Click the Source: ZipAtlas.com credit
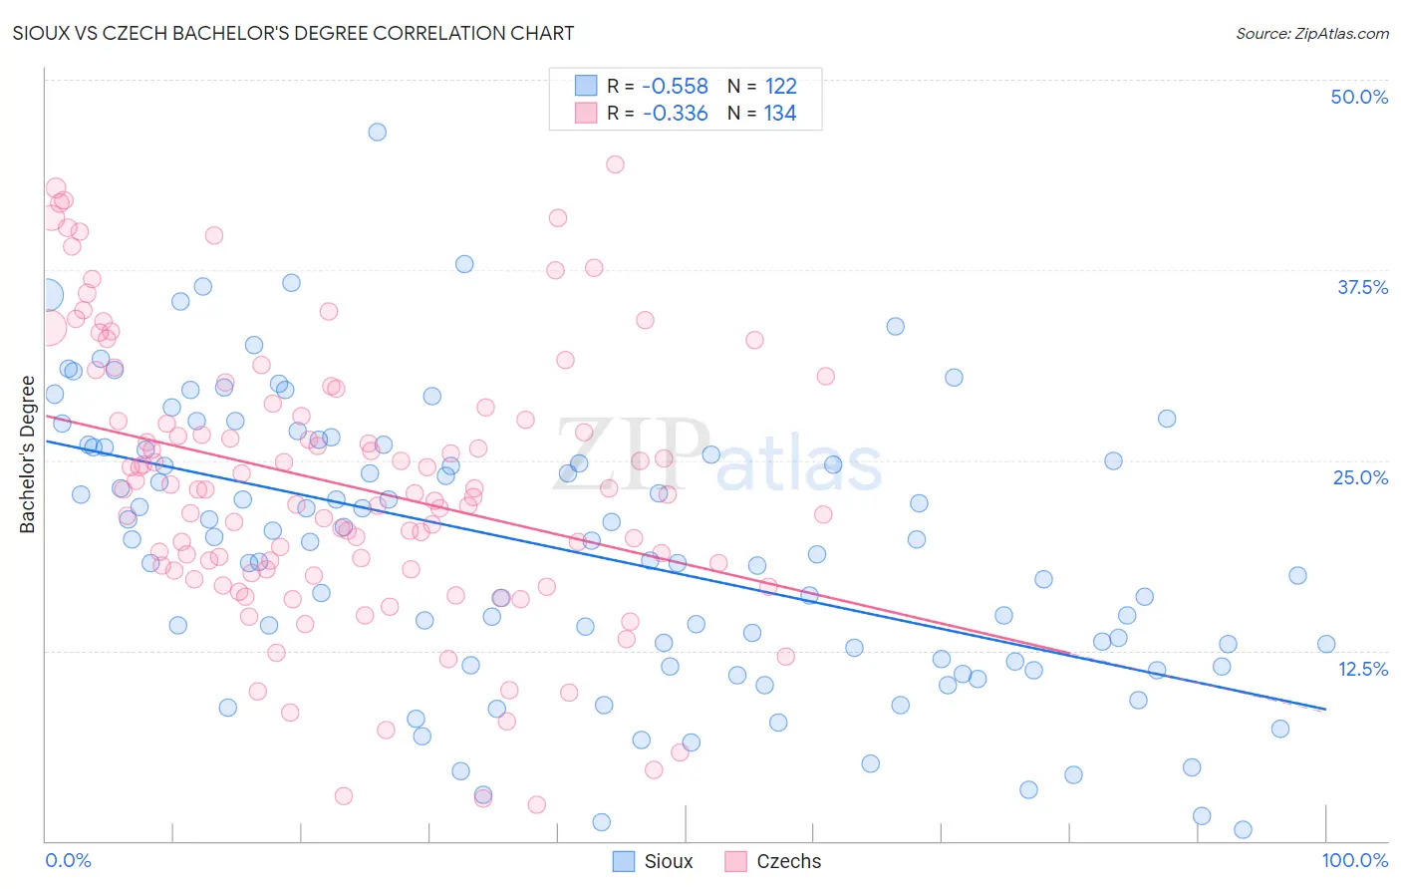tap(1311, 34)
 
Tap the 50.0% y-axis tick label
tap(1359, 97)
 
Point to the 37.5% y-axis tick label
tap(1362, 287)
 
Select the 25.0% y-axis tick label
tap(1360, 477)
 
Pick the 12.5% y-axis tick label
tap(1362, 669)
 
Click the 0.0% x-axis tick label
tap(68, 860)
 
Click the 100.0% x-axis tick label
tap(1354, 860)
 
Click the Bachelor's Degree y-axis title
tap(28, 454)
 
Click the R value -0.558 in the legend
tap(675, 87)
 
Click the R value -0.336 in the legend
tap(675, 114)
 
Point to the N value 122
tap(780, 87)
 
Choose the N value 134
tap(780, 114)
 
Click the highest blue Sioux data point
tap(377, 132)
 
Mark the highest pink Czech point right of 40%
tap(615, 164)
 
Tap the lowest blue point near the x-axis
tap(1243, 829)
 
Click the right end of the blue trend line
tap(1325, 709)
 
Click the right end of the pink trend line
tap(1070, 653)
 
